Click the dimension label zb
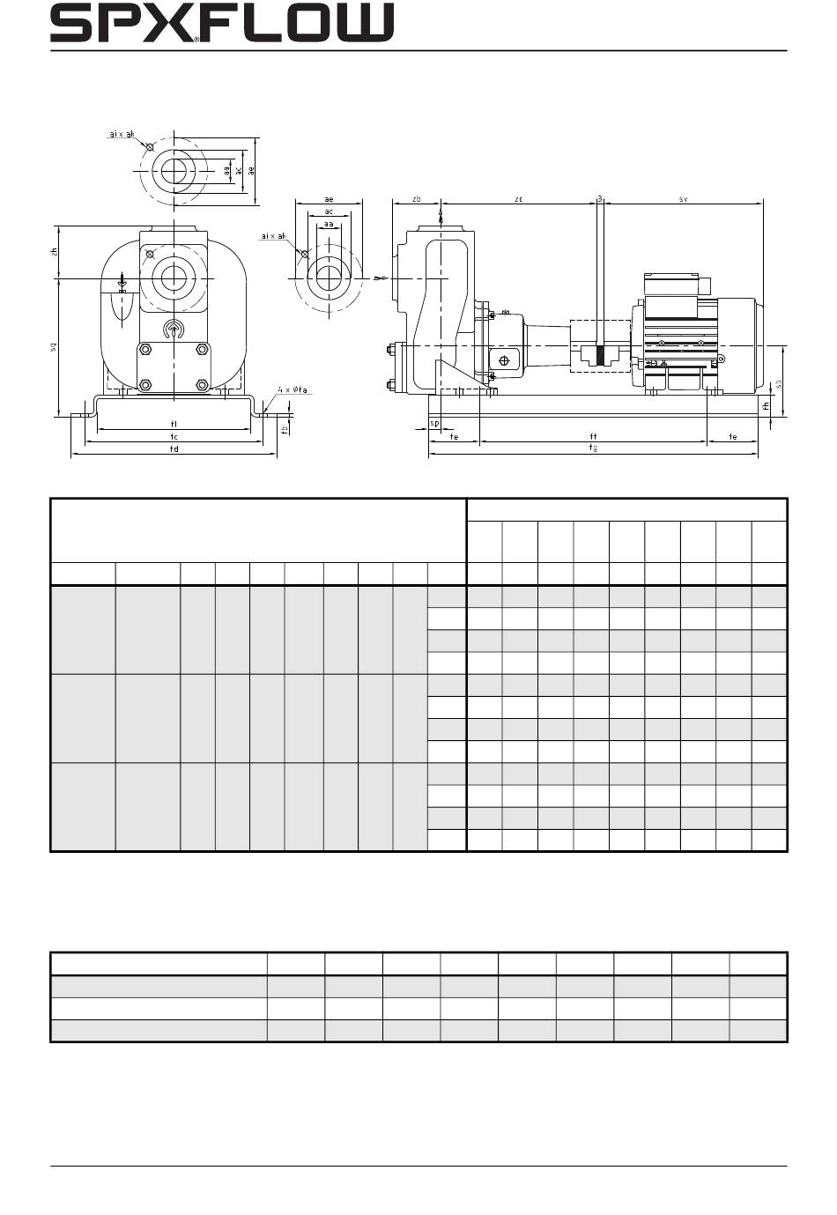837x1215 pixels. coord(417,200)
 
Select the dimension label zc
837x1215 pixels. coord(519,200)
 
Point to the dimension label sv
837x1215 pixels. coord(683,200)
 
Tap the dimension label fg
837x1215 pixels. coord(593,448)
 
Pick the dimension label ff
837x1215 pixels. coord(593,436)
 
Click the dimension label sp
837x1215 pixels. coord(434,424)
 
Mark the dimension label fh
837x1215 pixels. coord(767,405)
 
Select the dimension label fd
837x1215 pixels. coord(174,448)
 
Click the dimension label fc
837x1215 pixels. coord(174,436)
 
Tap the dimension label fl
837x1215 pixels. coord(174,424)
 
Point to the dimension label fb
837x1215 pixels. coord(284,430)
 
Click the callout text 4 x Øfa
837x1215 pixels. coord(293,389)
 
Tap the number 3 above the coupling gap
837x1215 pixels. coord(600,199)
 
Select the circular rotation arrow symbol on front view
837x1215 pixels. coord(174,330)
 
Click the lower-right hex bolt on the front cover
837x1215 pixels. coord(203,385)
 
